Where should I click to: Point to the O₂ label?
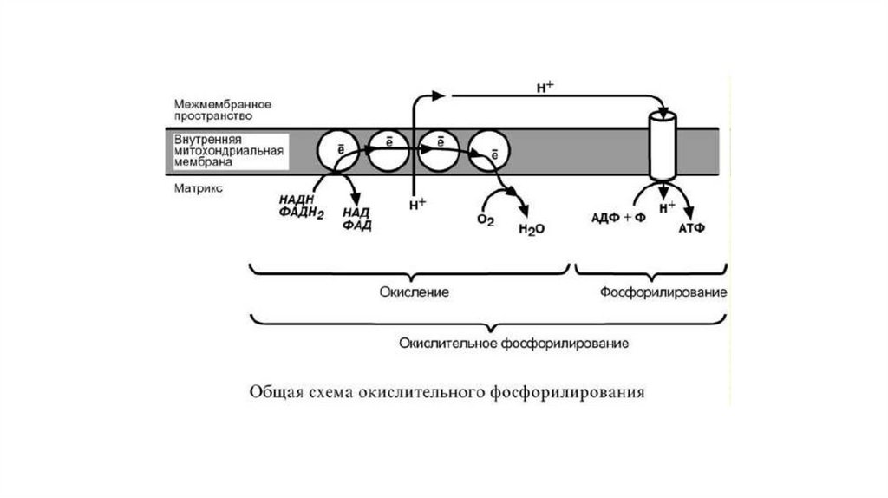pyautogui.click(x=485, y=220)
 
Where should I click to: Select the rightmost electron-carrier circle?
pyautogui.click(x=490, y=151)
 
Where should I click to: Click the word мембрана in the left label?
pyautogui.click(x=198, y=161)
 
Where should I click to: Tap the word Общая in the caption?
pyautogui.click(x=273, y=392)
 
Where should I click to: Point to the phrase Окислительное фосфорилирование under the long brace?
pyautogui.click(x=513, y=344)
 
